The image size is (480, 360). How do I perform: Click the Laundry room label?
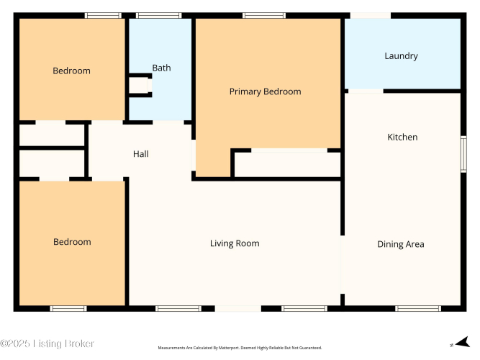point(401,56)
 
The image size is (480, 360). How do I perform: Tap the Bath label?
point(161,68)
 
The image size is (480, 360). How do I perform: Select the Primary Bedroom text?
point(265,91)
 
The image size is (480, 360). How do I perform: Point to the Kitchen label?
point(402,137)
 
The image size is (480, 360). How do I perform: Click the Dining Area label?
point(401,244)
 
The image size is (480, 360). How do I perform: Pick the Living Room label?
point(235,243)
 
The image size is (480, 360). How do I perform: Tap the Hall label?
point(141,154)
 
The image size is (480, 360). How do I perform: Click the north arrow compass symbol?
point(462,342)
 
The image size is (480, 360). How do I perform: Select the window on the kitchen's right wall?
point(463,154)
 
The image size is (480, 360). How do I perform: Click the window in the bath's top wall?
point(158,15)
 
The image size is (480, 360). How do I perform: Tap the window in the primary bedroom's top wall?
point(264,15)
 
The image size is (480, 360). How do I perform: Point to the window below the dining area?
point(418,308)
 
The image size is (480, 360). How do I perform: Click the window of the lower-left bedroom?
point(68,308)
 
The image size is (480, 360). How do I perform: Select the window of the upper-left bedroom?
point(103,15)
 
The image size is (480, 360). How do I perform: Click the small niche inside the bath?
point(140,86)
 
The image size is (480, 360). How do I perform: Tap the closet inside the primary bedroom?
point(287,164)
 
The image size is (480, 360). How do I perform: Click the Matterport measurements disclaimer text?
point(240,348)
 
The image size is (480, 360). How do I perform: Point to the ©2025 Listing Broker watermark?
point(47,343)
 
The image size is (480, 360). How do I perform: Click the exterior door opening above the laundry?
point(371,15)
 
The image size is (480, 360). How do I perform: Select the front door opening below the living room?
point(238,308)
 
